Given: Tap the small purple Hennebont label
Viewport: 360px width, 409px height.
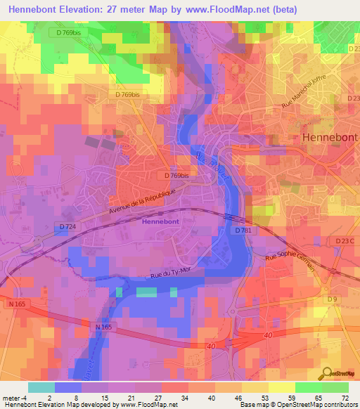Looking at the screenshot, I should pos(161,221).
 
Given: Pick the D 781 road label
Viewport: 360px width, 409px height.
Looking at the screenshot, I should pos(243,230).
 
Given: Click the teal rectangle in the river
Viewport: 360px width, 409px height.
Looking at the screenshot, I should pos(146,292).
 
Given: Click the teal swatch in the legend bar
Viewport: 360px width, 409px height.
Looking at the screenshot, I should pos(41,387).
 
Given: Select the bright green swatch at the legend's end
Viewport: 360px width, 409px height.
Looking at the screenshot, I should pos(335,387).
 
